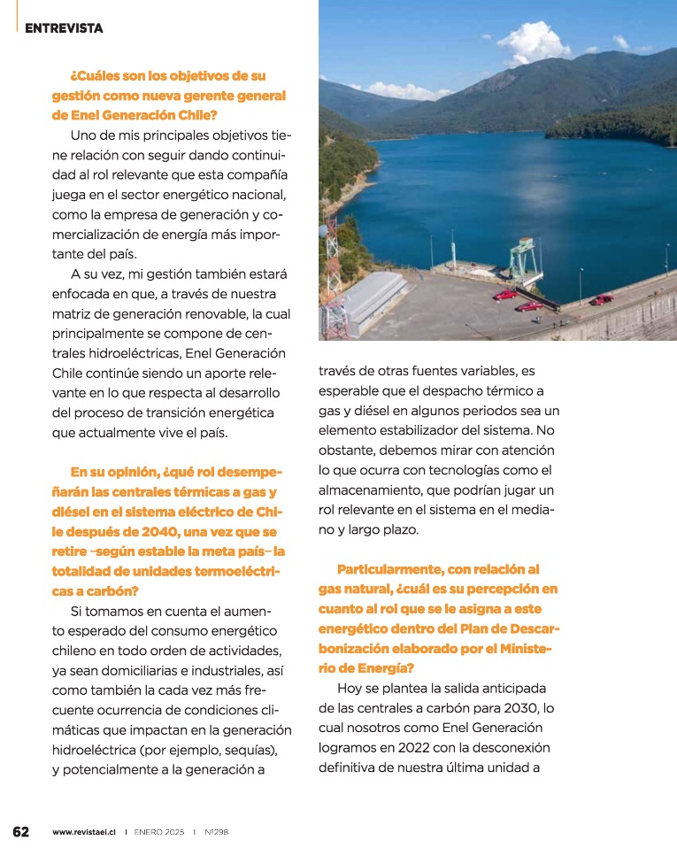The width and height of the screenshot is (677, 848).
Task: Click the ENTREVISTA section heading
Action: point(64,28)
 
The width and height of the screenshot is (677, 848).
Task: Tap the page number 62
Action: point(21,832)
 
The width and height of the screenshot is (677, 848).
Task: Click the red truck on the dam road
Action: point(602,299)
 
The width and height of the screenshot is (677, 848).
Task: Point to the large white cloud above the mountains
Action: point(534,42)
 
